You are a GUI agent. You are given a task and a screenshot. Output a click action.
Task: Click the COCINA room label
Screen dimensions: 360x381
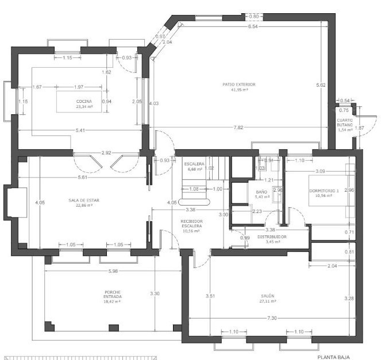click(x=84, y=101)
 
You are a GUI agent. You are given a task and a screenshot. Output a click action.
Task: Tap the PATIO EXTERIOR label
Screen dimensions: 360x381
click(x=239, y=84)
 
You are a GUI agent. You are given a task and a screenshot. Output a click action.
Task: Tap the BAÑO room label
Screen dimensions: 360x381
click(x=261, y=192)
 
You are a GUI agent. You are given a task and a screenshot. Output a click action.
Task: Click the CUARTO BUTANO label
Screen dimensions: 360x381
click(x=345, y=122)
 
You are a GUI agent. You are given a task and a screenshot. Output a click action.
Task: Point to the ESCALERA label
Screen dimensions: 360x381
click(x=195, y=164)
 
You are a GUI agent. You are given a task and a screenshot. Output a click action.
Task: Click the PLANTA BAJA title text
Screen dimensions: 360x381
click(x=333, y=356)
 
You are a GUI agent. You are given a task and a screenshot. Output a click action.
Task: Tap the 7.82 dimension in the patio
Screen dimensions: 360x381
click(x=237, y=127)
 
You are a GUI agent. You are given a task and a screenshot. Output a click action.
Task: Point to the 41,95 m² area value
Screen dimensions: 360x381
click(x=239, y=90)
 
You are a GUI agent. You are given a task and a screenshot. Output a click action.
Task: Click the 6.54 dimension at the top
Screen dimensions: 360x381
click(x=253, y=26)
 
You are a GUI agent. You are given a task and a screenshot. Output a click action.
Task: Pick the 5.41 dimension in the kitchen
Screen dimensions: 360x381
click(x=81, y=130)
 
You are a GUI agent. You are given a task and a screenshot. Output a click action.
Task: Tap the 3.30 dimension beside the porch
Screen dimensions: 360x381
click(x=155, y=293)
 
